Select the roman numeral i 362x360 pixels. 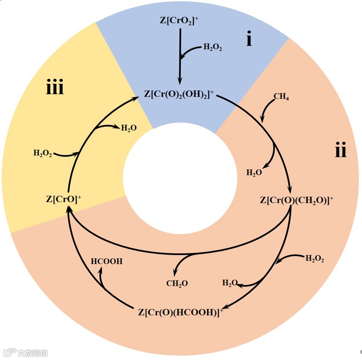click(249, 39)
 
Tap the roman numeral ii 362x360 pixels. click(341, 151)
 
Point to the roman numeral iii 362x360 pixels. click(55, 88)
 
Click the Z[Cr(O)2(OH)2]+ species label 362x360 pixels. click(179, 94)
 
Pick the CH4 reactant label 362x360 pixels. click(281, 96)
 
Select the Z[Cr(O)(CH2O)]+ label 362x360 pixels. click(297, 200)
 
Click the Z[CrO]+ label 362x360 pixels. click(64, 199)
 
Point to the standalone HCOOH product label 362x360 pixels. click(107, 261)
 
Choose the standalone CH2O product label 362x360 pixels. click(177, 283)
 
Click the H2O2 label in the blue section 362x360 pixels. click(212, 47)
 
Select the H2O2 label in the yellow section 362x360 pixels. click(43, 153)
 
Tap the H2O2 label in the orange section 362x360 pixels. click(315, 258)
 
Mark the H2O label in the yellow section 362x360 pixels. click(129, 128)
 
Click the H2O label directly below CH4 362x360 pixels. click(254, 172)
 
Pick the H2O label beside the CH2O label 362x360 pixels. click(230, 283)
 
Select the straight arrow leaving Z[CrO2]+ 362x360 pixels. click(180, 56)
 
